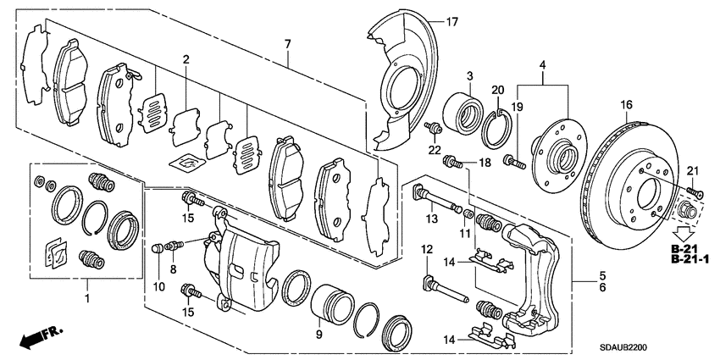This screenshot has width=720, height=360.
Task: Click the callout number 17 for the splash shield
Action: (451, 21)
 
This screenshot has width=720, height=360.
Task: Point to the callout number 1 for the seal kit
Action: (86, 299)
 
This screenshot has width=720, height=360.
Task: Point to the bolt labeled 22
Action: (433, 129)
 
